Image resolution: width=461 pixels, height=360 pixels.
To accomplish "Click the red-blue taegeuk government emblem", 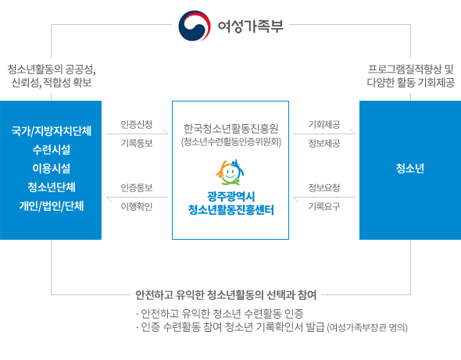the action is point(195,26).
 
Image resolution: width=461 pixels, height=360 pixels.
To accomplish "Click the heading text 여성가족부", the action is point(250,26).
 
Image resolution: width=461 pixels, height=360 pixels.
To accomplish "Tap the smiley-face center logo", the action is point(230,173).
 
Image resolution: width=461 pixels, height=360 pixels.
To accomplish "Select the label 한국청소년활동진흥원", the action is point(230,128).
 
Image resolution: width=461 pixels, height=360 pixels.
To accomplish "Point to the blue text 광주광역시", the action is point(230,196).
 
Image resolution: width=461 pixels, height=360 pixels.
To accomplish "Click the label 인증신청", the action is point(137,124).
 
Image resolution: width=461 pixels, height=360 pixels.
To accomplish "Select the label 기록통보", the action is point(137,143).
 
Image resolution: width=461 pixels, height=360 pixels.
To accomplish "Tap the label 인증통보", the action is point(137,187).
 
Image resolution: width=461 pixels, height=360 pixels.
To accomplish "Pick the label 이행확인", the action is point(137,206).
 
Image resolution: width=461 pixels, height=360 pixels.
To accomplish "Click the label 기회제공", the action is point(324,124).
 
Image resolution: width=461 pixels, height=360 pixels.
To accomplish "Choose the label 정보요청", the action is point(324,187).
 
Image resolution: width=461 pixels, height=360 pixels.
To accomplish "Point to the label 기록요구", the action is point(324,206).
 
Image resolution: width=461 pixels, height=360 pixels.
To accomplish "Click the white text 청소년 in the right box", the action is point(410,169).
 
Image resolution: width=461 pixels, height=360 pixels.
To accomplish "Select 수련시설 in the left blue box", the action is point(51,150).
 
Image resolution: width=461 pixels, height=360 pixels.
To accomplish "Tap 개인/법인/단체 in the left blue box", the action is point(51,205).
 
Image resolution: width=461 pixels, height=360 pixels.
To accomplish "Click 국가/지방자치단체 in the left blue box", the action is point(51,130).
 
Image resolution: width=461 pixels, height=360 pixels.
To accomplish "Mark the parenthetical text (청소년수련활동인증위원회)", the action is point(231,142).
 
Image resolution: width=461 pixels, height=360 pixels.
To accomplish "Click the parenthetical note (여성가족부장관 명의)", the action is point(367,327).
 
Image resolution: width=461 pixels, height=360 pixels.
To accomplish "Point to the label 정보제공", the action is point(324,143).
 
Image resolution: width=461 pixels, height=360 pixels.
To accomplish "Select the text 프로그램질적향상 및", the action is point(411,70).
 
